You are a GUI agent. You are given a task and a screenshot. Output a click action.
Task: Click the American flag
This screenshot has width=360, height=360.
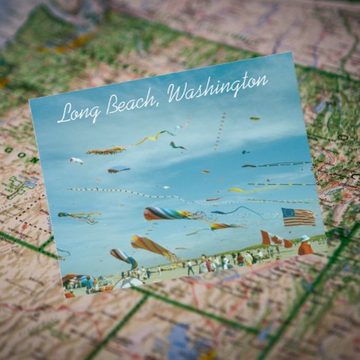[299, 217]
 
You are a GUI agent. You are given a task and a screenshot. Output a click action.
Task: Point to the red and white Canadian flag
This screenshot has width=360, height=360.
[271, 238]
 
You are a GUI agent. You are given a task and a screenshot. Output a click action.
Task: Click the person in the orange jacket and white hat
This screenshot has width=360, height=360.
[305, 246]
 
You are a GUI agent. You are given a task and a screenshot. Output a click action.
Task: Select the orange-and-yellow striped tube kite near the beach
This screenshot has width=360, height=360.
[152, 246]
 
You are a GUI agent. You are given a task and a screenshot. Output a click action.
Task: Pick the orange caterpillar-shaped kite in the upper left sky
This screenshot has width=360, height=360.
[105, 150]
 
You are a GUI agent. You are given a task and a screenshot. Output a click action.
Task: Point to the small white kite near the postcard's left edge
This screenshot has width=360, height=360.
[76, 161]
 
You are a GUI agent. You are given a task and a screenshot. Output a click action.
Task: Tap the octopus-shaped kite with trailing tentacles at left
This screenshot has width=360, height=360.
[80, 217]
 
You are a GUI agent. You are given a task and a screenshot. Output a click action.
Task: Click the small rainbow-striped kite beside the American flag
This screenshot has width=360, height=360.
[224, 226]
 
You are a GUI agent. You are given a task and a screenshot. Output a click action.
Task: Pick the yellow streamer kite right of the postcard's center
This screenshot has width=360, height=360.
[245, 191]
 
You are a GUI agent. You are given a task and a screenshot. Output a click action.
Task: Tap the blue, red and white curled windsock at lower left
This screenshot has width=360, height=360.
[123, 257]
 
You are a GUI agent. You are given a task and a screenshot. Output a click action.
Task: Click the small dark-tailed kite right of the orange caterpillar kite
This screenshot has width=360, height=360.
[177, 145]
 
